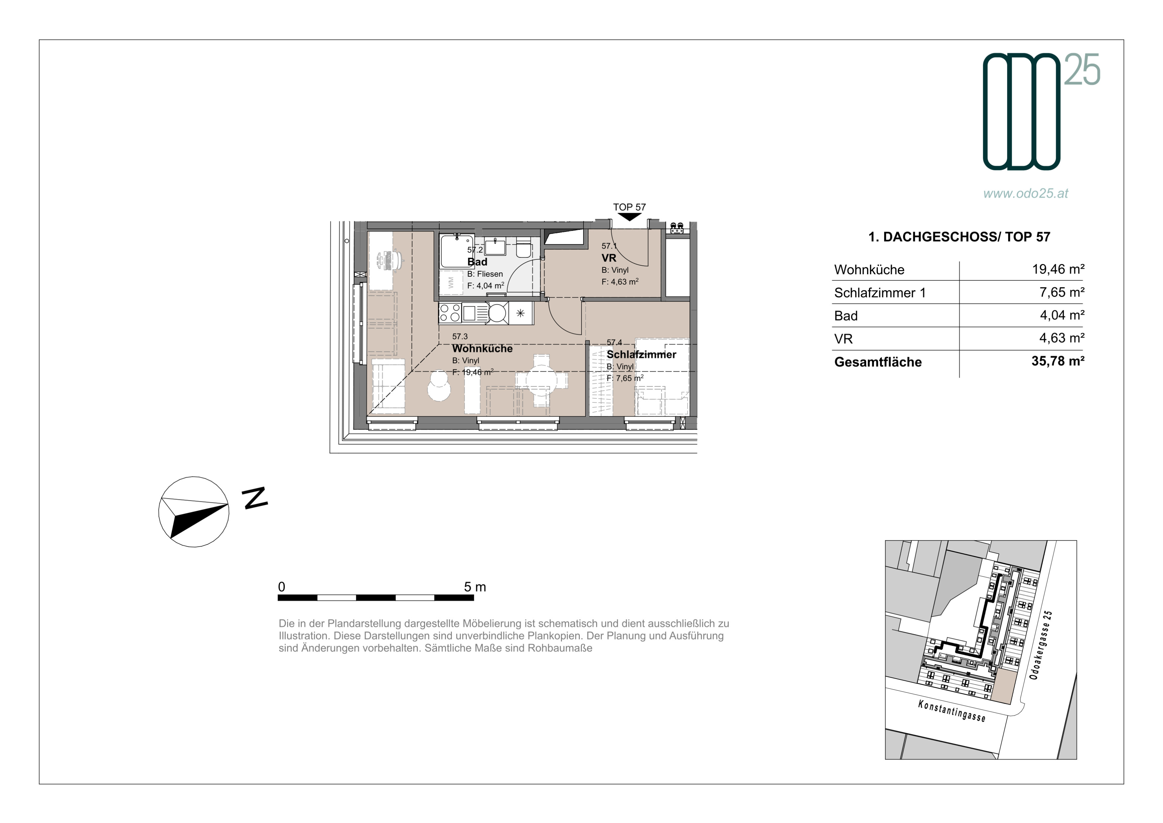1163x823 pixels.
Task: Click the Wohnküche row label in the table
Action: [869, 270]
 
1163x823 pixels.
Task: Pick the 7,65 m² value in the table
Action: [1062, 292]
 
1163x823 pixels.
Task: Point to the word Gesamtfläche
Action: [878, 362]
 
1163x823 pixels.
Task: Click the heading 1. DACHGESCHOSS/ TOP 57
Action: [959, 237]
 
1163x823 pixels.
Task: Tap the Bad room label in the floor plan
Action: [477, 262]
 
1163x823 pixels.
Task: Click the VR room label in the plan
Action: [609, 258]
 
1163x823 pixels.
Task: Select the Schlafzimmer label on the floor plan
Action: [641, 355]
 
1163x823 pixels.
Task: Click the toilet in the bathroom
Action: [523, 249]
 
